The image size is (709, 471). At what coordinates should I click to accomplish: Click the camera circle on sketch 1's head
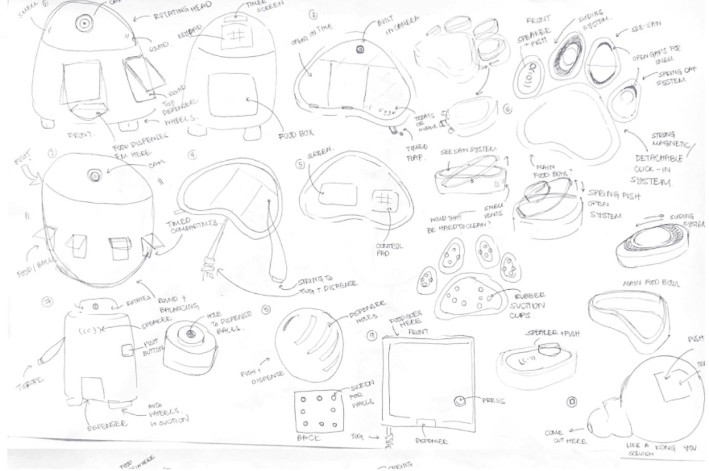tap(83, 23)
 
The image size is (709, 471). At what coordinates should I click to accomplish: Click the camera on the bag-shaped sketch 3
tap(360, 49)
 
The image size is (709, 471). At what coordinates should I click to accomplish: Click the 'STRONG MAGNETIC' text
tap(670, 140)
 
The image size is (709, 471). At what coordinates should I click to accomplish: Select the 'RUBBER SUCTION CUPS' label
tap(529, 305)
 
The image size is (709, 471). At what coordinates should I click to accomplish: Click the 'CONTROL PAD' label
tap(389, 249)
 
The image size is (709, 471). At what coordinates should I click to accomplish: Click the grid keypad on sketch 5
tap(383, 199)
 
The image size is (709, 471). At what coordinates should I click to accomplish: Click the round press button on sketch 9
tap(459, 401)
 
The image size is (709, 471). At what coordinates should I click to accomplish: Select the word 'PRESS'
tap(493, 400)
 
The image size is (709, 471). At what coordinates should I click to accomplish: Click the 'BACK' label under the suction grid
tap(308, 438)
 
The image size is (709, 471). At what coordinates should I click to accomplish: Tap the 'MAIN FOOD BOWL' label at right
tap(651, 283)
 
